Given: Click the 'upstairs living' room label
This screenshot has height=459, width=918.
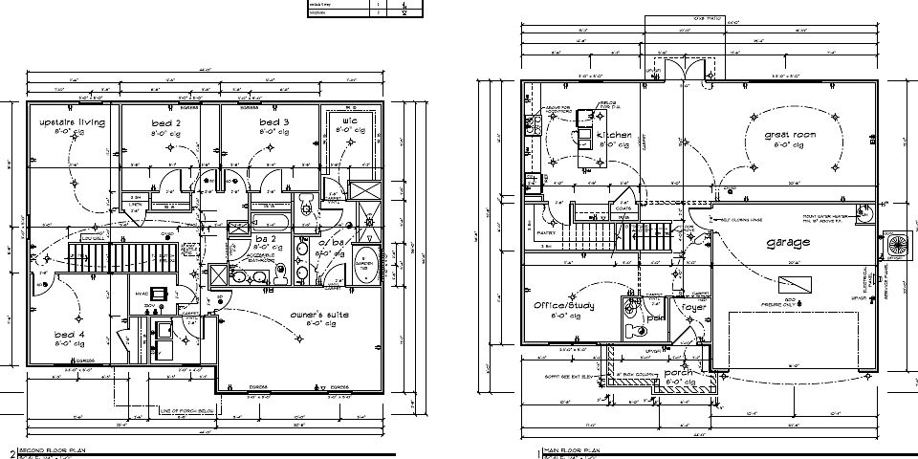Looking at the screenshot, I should [x=72, y=123].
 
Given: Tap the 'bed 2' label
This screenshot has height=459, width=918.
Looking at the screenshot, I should [x=165, y=123].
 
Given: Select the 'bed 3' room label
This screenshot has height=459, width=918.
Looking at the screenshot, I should [x=273, y=123].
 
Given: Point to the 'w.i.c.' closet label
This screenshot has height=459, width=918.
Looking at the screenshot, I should [x=350, y=121].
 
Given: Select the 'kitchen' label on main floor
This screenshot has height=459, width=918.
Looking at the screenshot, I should [x=613, y=136].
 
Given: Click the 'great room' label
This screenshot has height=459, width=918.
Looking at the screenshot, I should [x=790, y=136].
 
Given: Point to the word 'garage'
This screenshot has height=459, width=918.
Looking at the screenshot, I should [x=788, y=243].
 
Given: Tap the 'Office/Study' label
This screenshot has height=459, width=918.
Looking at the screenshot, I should [x=564, y=306].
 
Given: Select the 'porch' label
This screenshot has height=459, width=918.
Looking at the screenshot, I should [x=679, y=371].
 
